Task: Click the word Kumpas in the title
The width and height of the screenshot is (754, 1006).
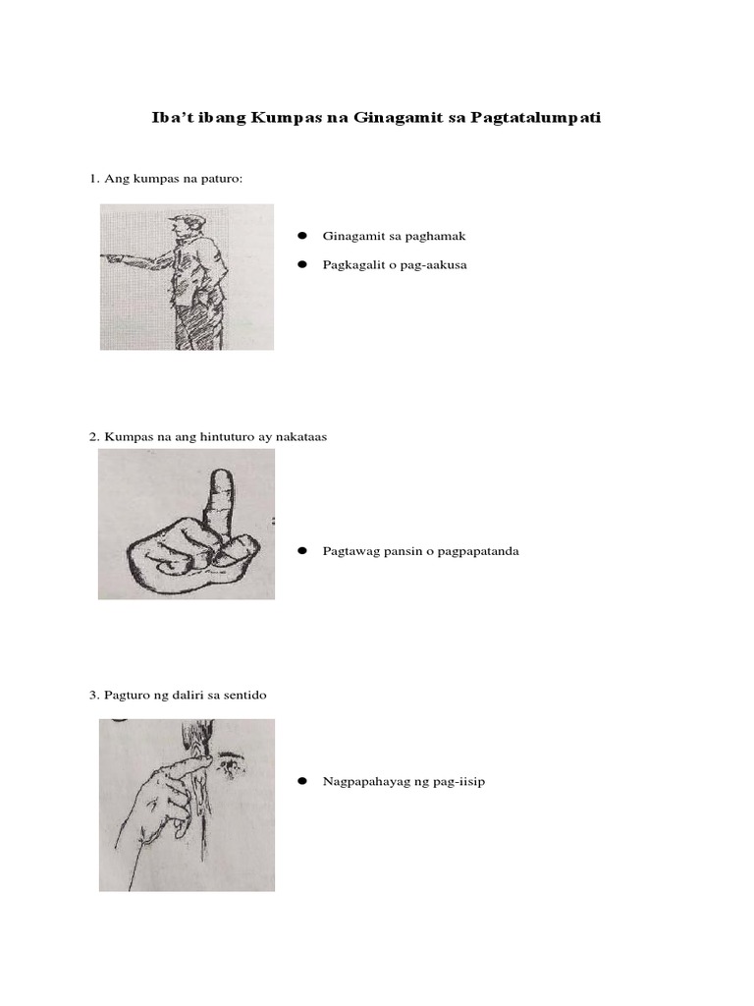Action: [x=283, y=118]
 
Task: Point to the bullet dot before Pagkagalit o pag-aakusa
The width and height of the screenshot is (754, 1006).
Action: [x=302, y=264]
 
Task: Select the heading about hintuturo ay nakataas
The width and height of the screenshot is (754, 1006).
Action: [x=207, y=436]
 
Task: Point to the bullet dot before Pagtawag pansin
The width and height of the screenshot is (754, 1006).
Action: [x=302, y=551]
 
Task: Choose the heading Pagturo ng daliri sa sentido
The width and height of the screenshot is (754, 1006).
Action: [x=178, y=696]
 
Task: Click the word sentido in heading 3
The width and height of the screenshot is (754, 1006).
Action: [x=245, y=696]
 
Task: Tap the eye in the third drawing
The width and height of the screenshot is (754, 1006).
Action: [x=231, y=760]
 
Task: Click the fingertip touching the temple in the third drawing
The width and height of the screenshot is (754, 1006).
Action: [x=202, y=756]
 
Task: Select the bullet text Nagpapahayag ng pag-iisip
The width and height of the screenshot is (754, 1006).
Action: [x=404, y=782]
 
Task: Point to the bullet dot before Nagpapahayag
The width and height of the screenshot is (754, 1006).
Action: [x=302, y=782]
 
